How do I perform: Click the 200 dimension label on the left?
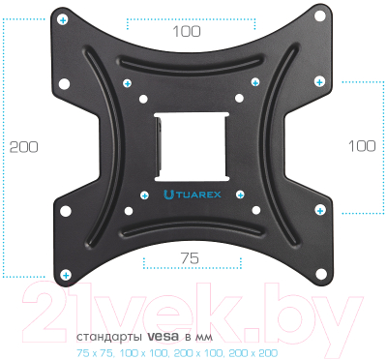(x=23, y=147)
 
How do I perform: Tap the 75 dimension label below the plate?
(x=190, y=258)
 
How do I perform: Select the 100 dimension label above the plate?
(x=187, y=31)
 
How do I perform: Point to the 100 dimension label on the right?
(x=362, y=146)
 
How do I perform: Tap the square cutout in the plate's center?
(x=192, y=147)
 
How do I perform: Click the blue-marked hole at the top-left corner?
(x=63, y=20)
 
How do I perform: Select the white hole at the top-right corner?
(x=320, y=15)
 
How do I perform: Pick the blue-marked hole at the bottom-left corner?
(x=66, y=275)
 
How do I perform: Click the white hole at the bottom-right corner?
(x=321, y=275)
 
